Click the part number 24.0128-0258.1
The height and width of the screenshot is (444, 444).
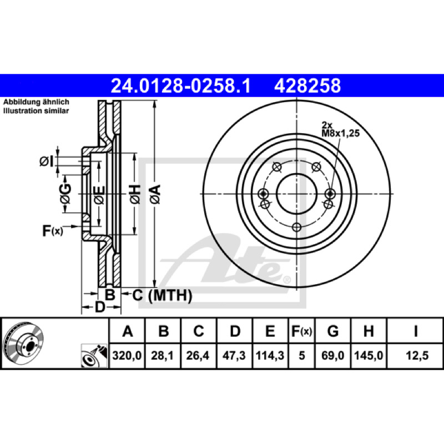pyautogui.click(x=181, y=86)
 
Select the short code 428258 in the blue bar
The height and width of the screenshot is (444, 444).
pyautogui.click(x=307, y=86)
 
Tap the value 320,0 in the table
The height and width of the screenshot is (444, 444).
pyautogui.click(x=127, y=355)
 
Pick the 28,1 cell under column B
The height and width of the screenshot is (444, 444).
pyautogui.click(x=162, y=355)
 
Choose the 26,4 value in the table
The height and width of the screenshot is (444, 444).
pyautogui.click(x=198, y=355)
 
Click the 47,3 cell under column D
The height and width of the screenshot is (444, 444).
pyautogui.click(x=234, y=355)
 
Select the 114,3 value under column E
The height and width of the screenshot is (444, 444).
pyautogui.click(x=270, y=355)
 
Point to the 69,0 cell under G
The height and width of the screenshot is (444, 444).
pyautogui.click(x=332, y=355)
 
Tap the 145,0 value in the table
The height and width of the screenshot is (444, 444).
pyautogui.click(x=369, y=355)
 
